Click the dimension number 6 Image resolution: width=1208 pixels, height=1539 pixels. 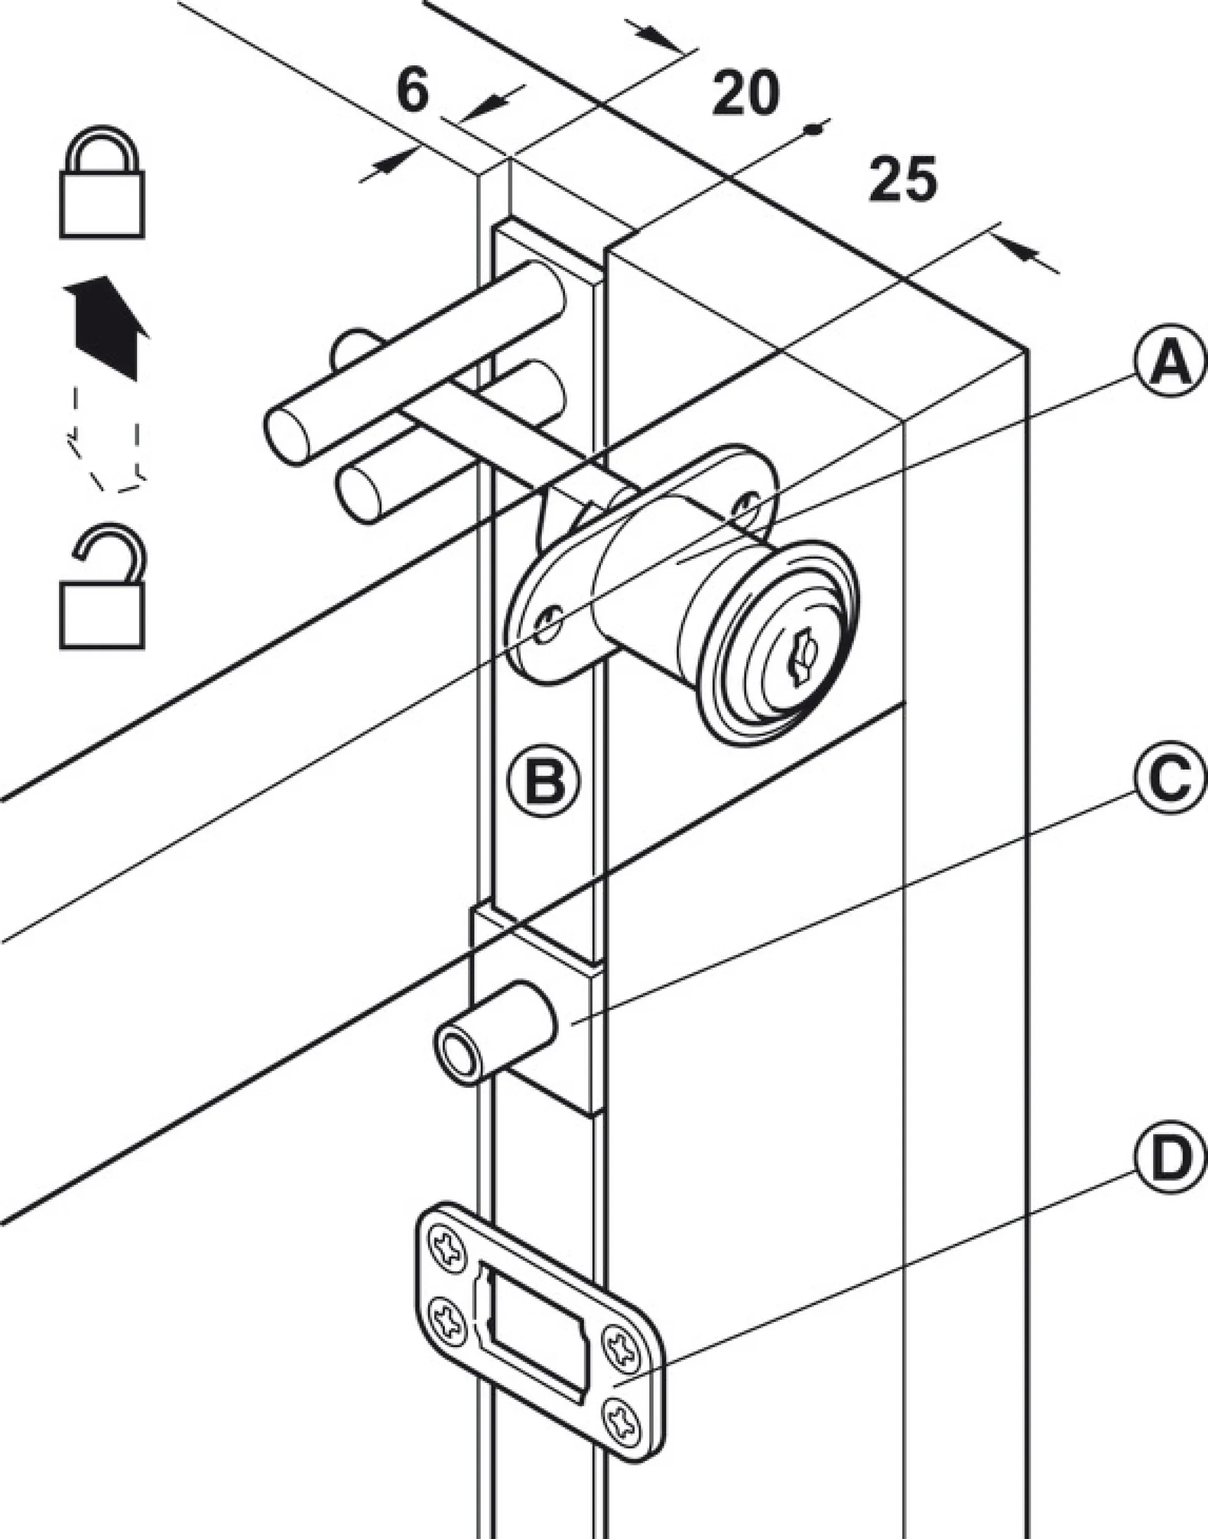coord(412,91)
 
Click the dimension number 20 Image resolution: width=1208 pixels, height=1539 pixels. coord(746,92)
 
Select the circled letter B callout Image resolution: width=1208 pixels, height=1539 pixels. coord(544,781)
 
